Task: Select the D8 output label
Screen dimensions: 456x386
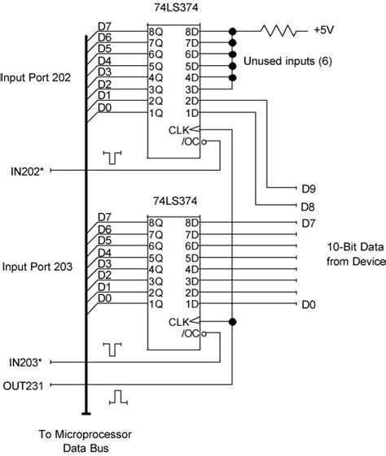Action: [x=307, y=206]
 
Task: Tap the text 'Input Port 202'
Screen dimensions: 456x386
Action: [x=37, y=78]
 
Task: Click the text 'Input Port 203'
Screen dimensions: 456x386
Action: [x=37, y=267]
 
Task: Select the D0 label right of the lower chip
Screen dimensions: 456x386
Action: [x=307, y=303]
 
